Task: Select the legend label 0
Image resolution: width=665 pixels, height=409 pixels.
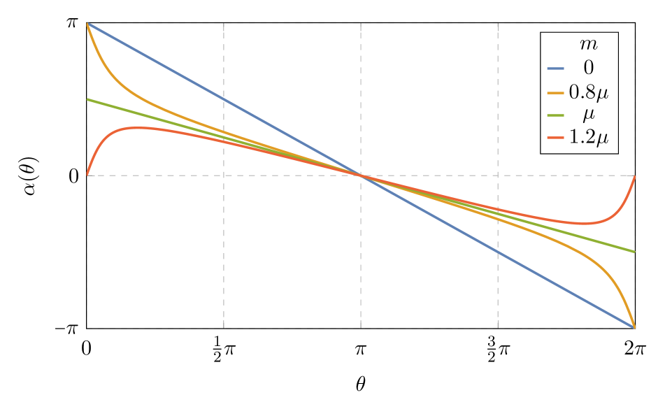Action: coord(588,69)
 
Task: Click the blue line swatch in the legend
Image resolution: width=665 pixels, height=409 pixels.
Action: coord(555,69)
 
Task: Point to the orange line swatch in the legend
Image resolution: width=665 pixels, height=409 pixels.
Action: coord(555,92)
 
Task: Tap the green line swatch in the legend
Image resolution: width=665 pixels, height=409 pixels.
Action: coord(555,115)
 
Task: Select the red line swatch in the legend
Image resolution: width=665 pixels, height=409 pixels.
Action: coord(555,138)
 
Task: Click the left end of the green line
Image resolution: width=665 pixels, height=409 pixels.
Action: coord(87,99)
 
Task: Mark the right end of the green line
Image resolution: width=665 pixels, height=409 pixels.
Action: coord(634,252)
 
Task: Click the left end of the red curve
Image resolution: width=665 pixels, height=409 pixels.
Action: coord(87,175)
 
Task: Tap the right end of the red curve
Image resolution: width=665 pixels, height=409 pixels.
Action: coord(634,176)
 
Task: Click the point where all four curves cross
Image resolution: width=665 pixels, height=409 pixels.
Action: coord(361,175)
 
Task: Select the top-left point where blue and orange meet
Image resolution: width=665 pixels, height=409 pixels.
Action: coord(87,23)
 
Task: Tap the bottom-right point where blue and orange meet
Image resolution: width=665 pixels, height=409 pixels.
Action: coord(634,327)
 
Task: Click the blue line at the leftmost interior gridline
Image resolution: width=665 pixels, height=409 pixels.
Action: coord(224,99)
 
